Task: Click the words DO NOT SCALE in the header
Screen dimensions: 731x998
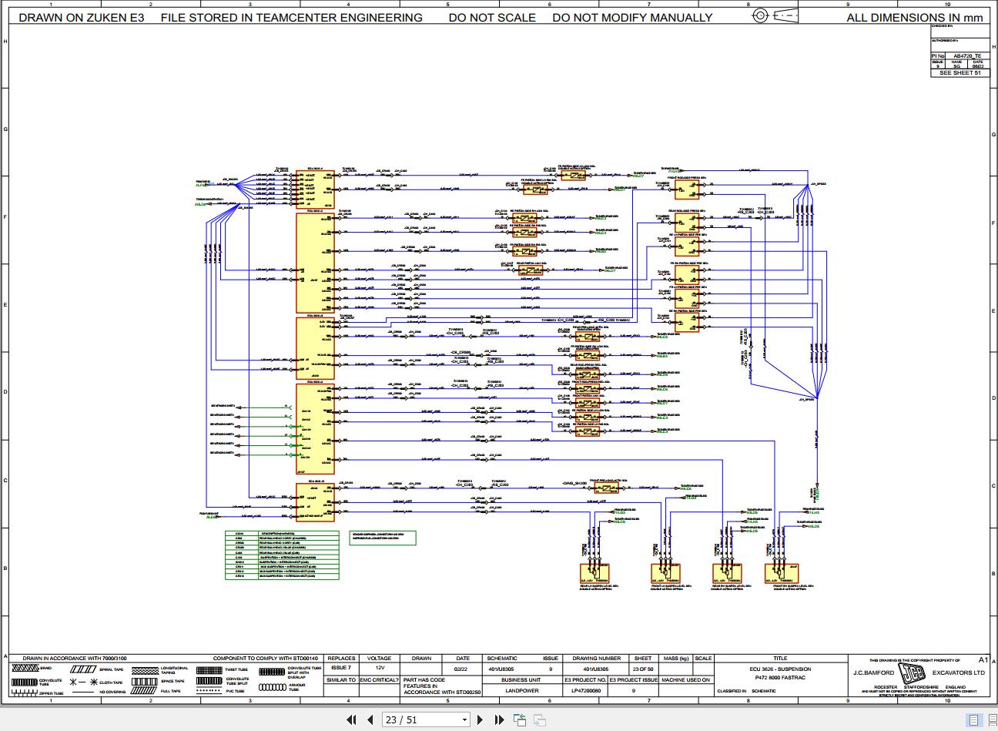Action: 492,17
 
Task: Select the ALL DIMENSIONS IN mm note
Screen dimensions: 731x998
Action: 915,17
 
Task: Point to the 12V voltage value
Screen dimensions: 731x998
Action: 380,669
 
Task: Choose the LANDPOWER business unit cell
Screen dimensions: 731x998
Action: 520,691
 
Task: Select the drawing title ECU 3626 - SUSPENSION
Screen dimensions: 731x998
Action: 780,669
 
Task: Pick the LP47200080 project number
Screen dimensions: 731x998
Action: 586,691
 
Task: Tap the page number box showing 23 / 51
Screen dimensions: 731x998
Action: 426,720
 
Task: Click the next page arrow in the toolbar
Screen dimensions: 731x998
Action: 481,720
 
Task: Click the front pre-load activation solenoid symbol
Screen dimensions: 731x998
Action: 606,488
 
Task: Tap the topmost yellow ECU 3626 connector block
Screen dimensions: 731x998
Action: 315,187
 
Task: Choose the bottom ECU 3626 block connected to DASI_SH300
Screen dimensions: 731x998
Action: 315,501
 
